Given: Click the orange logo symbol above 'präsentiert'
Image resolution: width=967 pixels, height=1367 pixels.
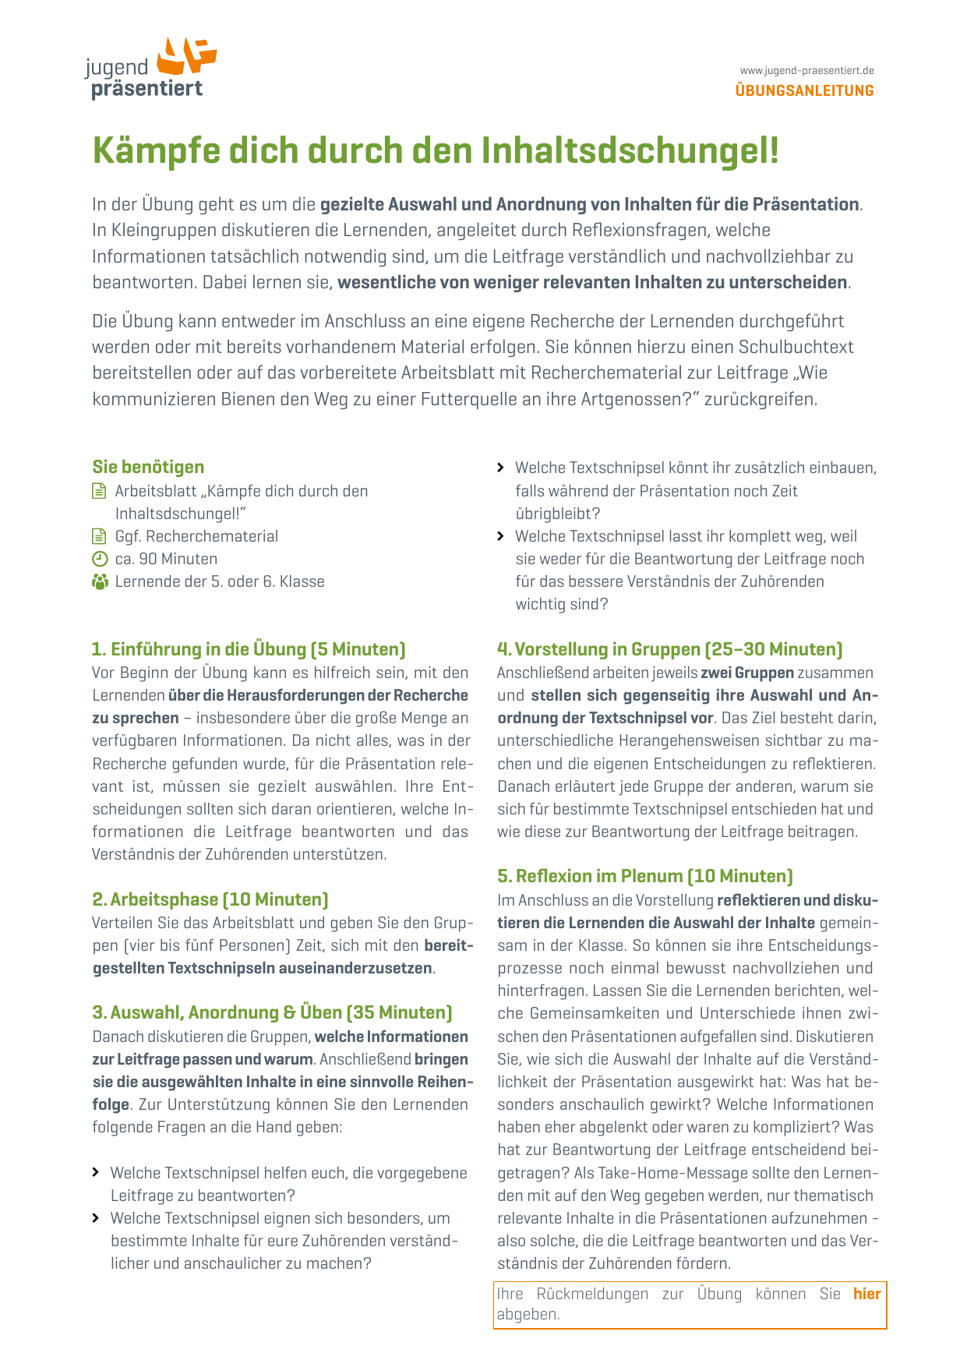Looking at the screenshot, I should pyautogui.click(x=186, y=55).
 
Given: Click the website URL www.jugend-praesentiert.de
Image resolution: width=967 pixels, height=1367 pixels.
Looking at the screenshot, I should pyautogui.click(x=806, y=70).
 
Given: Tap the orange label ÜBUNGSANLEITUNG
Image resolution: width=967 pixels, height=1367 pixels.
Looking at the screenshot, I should pyautogui.click(x=804, y=90).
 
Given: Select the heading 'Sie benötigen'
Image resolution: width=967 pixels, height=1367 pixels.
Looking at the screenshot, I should pyautogui.click(x=148, y=467).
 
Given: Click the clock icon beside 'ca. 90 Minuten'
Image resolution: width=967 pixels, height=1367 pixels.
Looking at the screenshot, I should pyautogui.click(x=99, y=559).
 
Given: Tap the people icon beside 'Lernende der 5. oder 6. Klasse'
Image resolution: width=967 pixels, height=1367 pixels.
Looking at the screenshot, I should pyautogui.click(x=100, y=581).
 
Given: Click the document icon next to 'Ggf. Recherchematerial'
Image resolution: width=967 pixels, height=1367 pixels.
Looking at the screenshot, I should pyautogui.click(x=99, y=536).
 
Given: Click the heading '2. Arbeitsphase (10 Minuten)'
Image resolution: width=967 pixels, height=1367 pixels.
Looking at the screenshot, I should pyautogui.click(x=210, y=899).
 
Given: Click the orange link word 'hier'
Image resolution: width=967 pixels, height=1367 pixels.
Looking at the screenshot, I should pyautogui.click(x=866, y=1294).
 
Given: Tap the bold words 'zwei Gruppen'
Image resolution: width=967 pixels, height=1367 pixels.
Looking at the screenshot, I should pyautogui.click(x=747, y=673).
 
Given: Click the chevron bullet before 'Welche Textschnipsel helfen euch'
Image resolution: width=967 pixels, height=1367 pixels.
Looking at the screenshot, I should pyautogui.click(x=96, y=1172).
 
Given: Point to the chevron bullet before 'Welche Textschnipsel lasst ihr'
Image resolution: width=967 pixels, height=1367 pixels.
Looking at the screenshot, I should pyautogui.click(x=501, y=536).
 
